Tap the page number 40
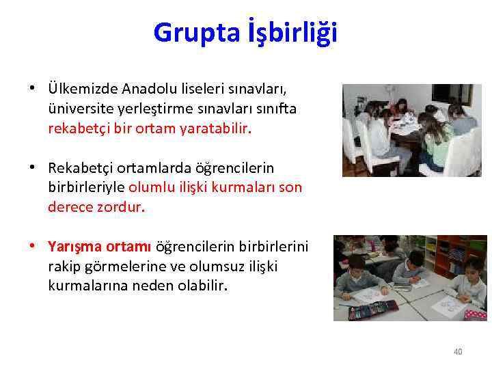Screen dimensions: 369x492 click(458, 352)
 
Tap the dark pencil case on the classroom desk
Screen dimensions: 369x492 click(364, 312)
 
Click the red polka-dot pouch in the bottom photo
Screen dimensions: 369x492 click(476, 314)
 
